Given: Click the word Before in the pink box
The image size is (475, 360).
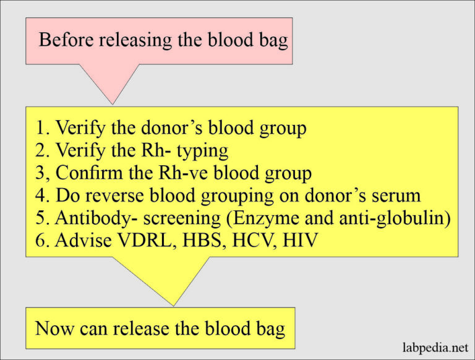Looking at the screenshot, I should [x=62, y=40].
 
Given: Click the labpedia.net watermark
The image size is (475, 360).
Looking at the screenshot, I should [x=432, y=347].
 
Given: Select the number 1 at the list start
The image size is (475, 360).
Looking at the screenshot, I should [x=40, y=129].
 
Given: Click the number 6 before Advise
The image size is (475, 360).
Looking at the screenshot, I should [x=40, y=240].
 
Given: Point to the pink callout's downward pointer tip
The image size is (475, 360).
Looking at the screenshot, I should [x=112, y=104].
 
